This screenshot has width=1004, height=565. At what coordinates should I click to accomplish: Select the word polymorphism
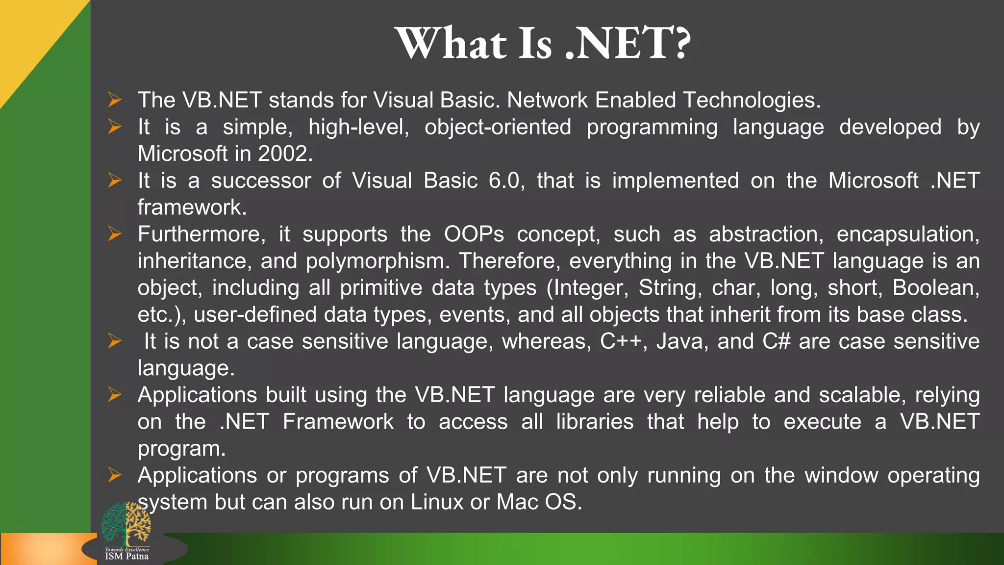click(x=377, y=261)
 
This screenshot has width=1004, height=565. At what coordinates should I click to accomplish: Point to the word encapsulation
click(x=907, y=234)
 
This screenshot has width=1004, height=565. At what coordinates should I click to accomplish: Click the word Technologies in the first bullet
click(x=751, y=101)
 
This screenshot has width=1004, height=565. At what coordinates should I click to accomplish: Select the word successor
click(x=261, y=180)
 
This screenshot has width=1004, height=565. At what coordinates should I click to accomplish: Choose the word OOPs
click(x=474, y=234)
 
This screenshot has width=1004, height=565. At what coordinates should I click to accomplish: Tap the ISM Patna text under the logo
click(x=126, y=556)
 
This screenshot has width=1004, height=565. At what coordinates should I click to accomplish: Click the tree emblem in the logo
click(x=126, y=524)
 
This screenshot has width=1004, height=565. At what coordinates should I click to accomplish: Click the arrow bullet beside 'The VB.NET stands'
click(x=115, y=100)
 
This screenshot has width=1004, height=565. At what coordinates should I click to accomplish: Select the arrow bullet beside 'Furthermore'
click(x=115, y=234)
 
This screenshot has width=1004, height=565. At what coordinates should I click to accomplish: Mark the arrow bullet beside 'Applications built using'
click(x=115, y=395)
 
